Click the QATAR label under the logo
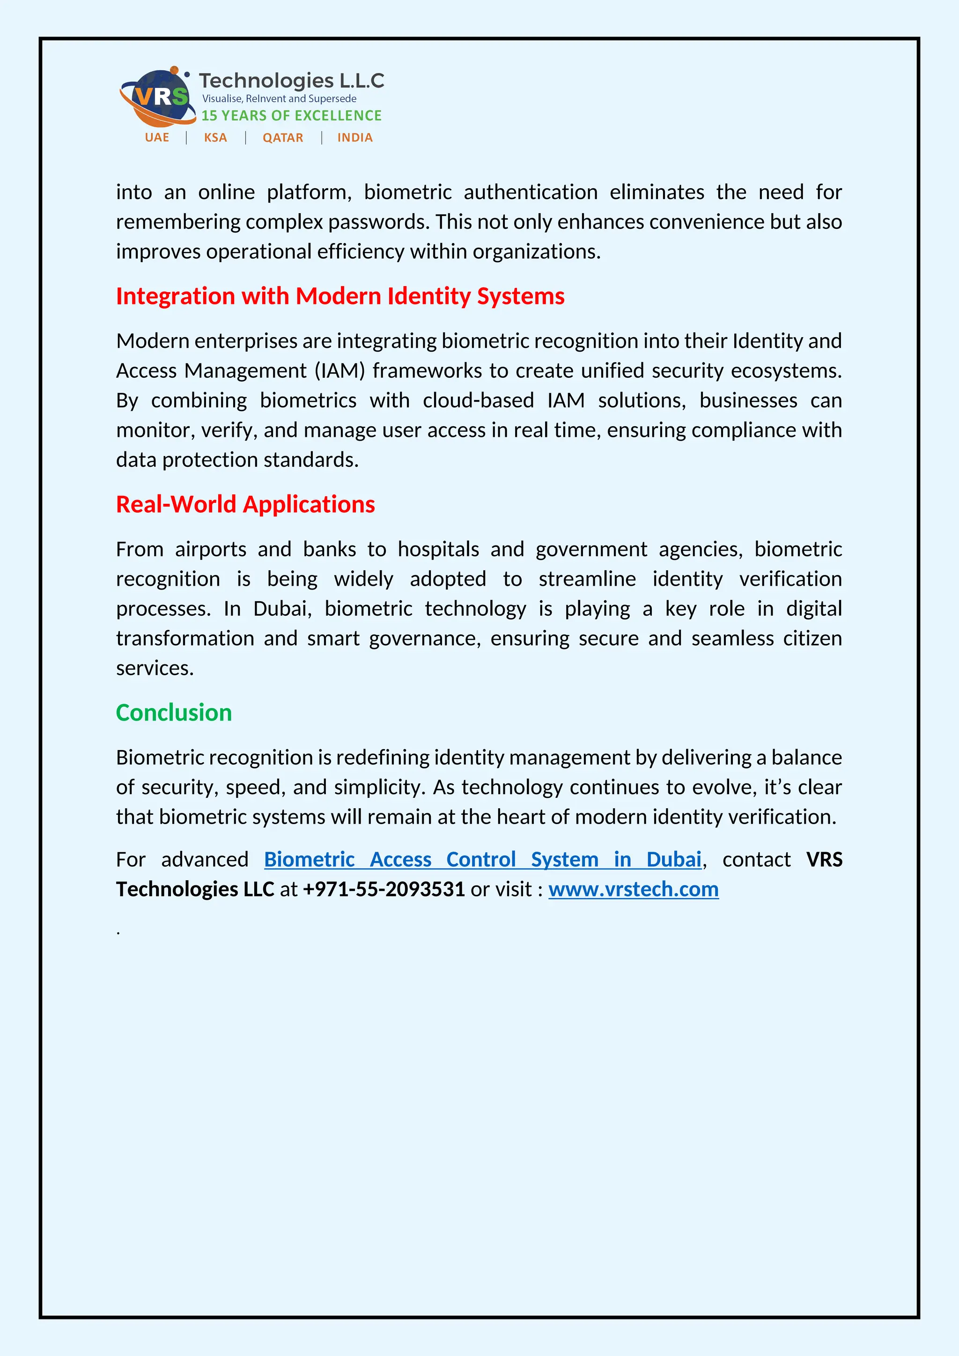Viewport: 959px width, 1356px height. click(x=282, y=138)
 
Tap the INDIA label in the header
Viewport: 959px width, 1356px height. click(x=354, y=138)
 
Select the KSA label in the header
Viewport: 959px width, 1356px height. click(x=215, y=138)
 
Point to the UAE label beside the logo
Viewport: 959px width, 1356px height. click(x=156, y=138)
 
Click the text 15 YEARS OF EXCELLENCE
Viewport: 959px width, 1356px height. click(x=291, y=116)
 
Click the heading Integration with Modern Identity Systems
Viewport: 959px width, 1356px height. click(x=339, y=296)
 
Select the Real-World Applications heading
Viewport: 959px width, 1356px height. click(x=245, y=504)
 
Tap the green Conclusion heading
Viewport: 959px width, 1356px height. click(x=174, y=713)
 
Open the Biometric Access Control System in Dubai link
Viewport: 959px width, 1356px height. click(x=482, y=860)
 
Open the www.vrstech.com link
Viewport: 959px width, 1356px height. click(x=633, y=890)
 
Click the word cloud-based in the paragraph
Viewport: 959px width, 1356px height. click(x=478, y=400)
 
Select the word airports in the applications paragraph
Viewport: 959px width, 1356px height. click(x=210, y=549)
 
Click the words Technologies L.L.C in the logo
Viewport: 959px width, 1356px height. click(x=291, y=81)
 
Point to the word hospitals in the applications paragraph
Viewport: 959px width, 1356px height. click(x=437, y=549)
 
